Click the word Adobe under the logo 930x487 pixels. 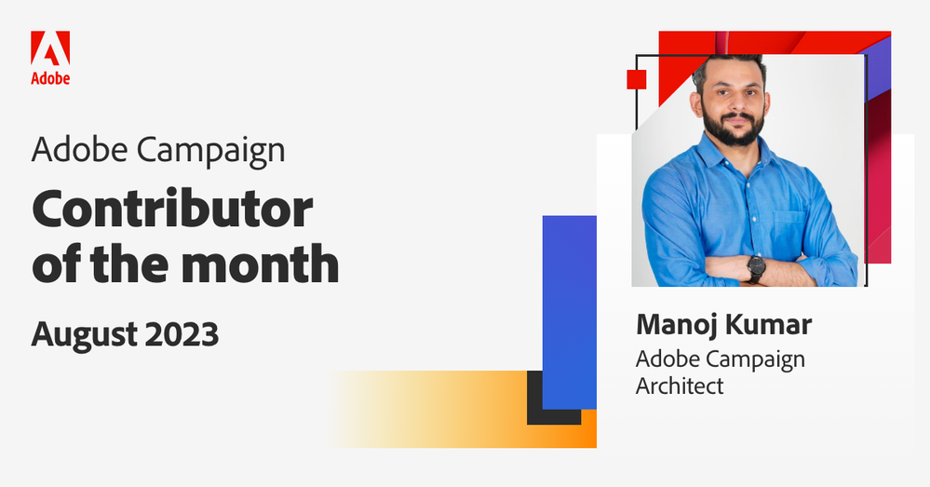tap(50, 79)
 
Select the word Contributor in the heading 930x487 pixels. tap(172, 211)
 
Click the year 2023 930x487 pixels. tap(185, 332)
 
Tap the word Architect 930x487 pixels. tap(680, 386)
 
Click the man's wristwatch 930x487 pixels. tap(755, 268)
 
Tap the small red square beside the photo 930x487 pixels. tap(636, 78)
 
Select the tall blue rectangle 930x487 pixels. tap(569, 312)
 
